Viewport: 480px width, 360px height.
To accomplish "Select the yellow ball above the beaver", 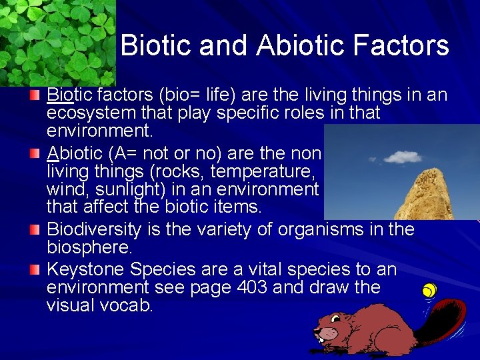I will click(430, 291).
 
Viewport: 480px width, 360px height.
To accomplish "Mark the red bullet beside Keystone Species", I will click(34, 270).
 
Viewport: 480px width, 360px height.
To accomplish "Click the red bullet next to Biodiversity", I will click(34, 230).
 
